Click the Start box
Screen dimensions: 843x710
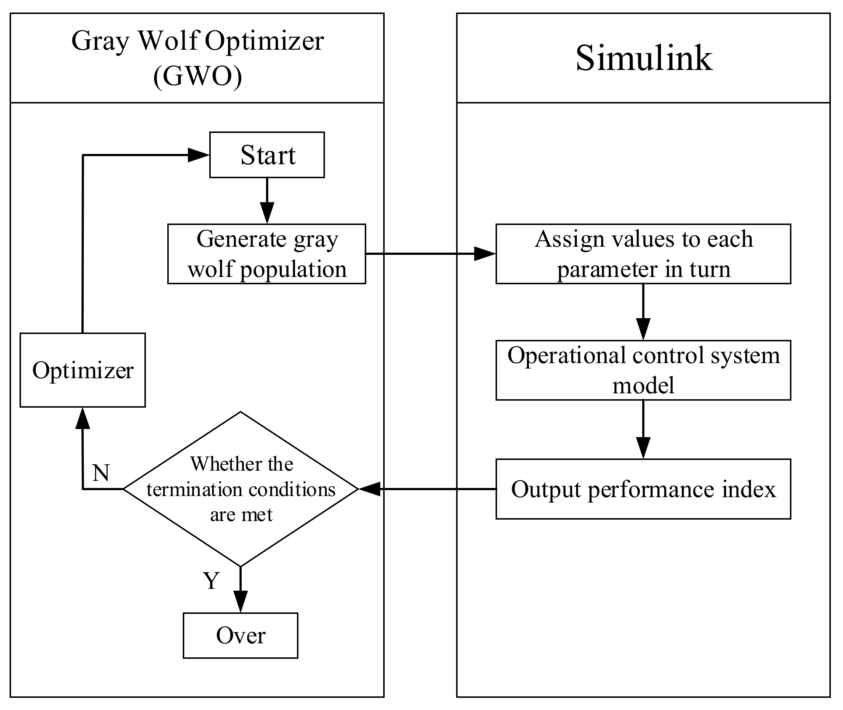click(267, 155)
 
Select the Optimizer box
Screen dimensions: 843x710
click(83, 370)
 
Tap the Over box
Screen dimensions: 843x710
click(241, 636)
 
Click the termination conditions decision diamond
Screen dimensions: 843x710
click(241, 489)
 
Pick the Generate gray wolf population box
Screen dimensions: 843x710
click(267, 254)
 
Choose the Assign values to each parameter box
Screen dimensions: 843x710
click(643, 254)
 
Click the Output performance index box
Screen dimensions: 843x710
click(643, 489)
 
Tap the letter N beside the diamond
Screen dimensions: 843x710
click(101, 472)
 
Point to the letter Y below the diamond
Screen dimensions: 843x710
click(211, 581)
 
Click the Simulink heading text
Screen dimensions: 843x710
click(644, 58)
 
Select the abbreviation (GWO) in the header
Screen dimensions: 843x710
click(198, 76)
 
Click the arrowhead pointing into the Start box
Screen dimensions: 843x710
click(199, 155)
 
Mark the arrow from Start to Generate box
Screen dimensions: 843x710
click(267, 200)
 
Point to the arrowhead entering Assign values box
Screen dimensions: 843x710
click(485, 254)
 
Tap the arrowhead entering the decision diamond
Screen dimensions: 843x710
click(369, 489)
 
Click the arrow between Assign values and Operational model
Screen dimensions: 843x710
click(643, 312)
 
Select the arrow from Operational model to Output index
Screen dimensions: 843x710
click(643, 429)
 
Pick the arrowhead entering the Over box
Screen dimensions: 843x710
click(241, 602)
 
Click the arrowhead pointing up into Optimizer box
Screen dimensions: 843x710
click(83, 418)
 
